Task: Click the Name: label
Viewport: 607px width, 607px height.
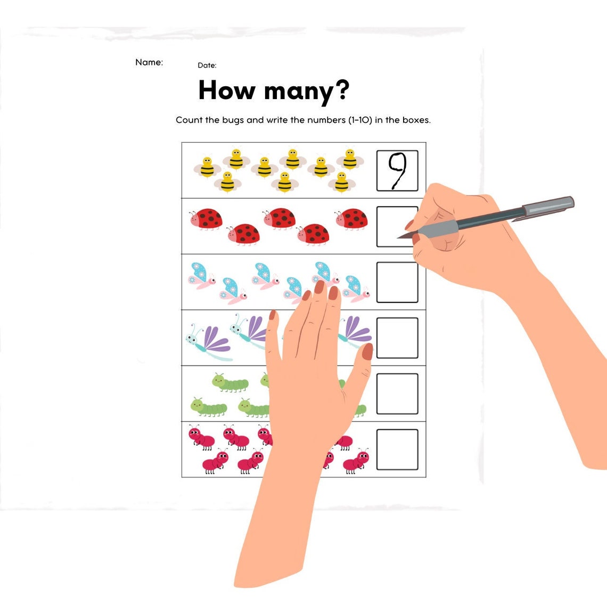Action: click(149, 62)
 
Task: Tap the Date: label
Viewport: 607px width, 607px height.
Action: click(207, 65)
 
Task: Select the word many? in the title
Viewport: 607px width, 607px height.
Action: click(307, 91)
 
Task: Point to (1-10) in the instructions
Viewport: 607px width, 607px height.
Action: click(360, 120)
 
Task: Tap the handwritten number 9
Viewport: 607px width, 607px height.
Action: click(397, 170)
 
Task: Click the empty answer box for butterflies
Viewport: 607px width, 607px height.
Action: click(397, 282)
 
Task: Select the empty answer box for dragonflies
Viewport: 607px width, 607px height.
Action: click(397, 338)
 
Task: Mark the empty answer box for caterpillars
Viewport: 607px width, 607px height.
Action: click(397, 394)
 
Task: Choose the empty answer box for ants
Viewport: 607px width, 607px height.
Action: click(397, 450)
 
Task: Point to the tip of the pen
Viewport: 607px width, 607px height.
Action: click(399, 237)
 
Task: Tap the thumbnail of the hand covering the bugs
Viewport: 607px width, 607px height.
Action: click(367, 352)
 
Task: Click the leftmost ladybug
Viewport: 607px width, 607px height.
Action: click(206, 218)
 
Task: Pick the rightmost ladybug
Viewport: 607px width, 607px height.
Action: click(351, 218)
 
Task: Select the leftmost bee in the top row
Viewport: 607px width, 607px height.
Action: click(207, 167)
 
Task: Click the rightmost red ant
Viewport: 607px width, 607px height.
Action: click(356, 461)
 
